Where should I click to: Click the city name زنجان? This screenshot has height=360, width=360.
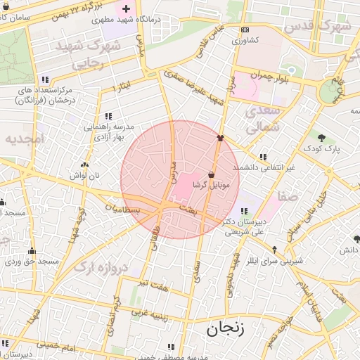(x=226, y=328)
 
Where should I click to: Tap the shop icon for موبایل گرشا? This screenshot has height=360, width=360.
(x=212, y=174)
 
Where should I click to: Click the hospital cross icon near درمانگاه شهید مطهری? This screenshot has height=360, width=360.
(x=126, y=9)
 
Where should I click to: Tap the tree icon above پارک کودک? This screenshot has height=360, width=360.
(x=322, y=138)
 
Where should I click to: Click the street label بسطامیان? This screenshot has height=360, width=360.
(x=123, y=209)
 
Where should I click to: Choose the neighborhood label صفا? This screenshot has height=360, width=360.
(x=289, y=198)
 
